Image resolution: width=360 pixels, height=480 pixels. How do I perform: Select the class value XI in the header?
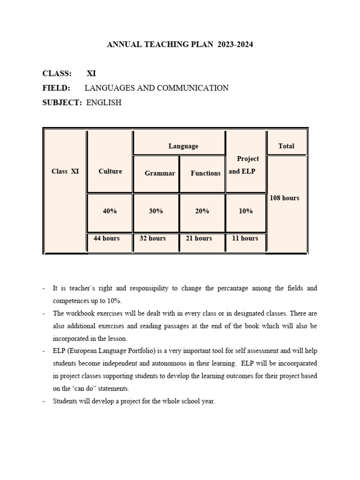[x=91, y=74]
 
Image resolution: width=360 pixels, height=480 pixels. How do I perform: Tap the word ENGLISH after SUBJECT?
[x=104, y=103]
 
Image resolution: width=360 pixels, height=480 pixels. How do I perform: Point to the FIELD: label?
[x=56, y=88]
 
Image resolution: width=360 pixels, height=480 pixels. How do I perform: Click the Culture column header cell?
[x=110, y=172]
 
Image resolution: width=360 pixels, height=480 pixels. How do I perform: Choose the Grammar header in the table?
[x=160, y=173]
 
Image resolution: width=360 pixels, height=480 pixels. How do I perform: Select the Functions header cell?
[x=205, y=173]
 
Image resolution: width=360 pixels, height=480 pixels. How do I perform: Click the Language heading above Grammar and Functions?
[x=183, y=146]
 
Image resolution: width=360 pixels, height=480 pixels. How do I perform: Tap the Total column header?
[x=286, y=146]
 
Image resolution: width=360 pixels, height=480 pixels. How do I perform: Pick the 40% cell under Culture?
[x=110, y=211]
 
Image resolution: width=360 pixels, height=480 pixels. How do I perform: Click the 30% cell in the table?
[x=156, y=211]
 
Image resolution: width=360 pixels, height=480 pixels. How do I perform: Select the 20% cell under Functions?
[x=202, y=211]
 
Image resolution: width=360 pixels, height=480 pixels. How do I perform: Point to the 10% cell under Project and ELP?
[x=246, y=211]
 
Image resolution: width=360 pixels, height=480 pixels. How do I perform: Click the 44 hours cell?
[x=106, y=239]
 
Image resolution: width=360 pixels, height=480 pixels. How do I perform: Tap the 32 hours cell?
[x=153, y=239]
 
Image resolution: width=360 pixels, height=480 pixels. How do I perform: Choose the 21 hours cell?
[x=199, y=239]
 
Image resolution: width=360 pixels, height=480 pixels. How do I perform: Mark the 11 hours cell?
[x=245, y=239]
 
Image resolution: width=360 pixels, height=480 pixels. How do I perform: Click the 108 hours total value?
[x=284, y=198]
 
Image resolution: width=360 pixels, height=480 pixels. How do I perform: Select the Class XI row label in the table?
[x=65, y=172]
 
